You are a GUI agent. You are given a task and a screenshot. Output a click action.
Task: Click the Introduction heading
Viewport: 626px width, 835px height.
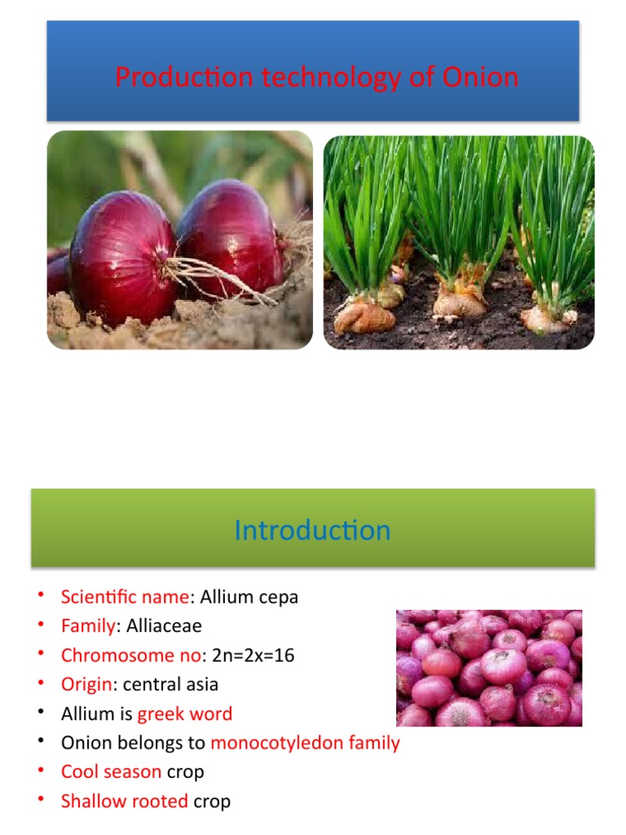click(x=312, y=531)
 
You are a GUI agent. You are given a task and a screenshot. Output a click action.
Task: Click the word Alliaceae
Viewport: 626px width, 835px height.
click(x=164, y=626)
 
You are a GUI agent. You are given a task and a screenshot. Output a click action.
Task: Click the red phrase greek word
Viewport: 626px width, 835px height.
click(x=185, y=714)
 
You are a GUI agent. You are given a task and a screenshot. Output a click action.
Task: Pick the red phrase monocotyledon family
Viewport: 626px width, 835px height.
click(x=305, y=743)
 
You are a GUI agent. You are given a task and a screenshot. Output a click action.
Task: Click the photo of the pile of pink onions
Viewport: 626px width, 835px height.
click(x=489, y=668)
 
